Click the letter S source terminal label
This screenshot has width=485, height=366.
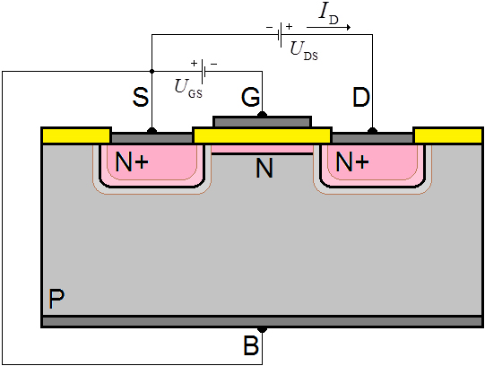pyautogui.click(x=141, y=97)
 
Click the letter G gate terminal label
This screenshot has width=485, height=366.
pyautogui.click(x=250, y=97)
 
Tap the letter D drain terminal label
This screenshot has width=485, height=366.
pyautogui.click(x=361, y=97)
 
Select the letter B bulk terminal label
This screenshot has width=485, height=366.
pyautogui.click(x=251, y=345)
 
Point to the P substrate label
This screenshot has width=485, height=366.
pyautogui.click(x=56, y=299)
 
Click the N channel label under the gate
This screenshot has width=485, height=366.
pyautogui.click(x=264, y=168)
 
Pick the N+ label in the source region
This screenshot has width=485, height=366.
pyautogui.click(x=132, y=161)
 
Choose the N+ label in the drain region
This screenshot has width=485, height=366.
pyautogui.click(x=352, y=161)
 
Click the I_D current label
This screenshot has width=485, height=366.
pyautogui.click(x=329, y=14)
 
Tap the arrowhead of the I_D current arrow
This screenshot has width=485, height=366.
pyautogui.click(x=349, y=27)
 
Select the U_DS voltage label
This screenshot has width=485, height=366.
pyautogui.click(x=304, y=51)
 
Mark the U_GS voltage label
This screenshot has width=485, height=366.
pyautogui.click(x=188, y=89)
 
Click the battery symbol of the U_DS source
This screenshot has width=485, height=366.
pyautogui.click(x=280, y=34)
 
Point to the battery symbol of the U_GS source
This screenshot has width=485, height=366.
pyautogui.click(x=204, y=72)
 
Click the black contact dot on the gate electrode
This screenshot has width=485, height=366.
pyautogui.click(x=263, y=115)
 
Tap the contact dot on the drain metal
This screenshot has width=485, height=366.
pyautogui.click(x=372, y=131)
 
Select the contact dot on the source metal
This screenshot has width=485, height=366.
pyautogui.click(x=152, y=131)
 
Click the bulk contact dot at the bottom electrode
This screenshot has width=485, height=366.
pyautogui.click(x=263, y=329)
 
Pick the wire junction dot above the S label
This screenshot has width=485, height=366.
pyautogui.click(x=152, y=72)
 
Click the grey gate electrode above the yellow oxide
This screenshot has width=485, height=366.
pyautogui.click(x=263, y=122)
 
